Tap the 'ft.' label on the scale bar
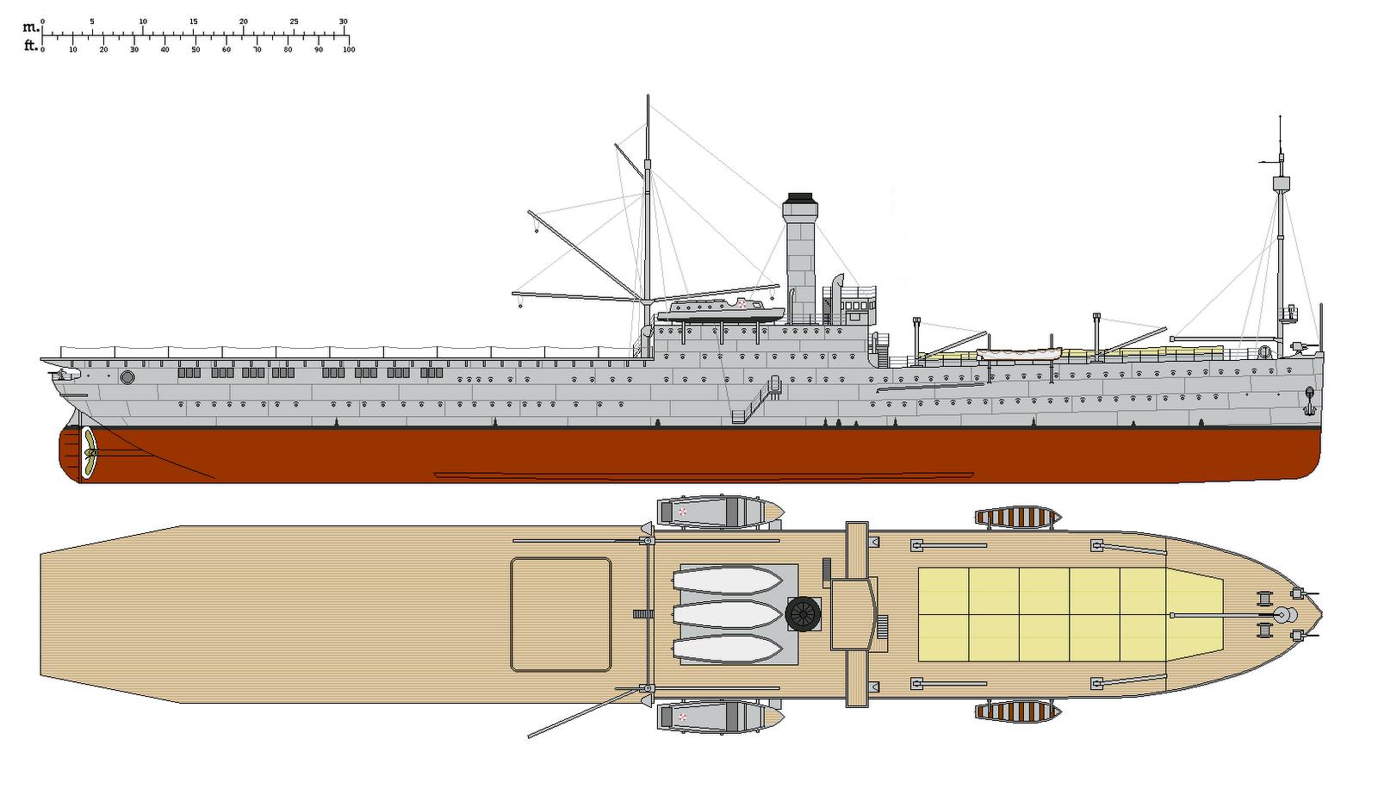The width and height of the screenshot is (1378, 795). (x=31, y=46)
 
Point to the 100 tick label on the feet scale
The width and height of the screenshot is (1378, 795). (x=348, y=50)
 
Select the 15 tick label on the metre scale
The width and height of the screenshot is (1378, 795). (x=193, y=22)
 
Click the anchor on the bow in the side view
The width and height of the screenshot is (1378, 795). (x=1309, y=397)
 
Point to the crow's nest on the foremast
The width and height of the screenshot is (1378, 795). (x=1281, y=183)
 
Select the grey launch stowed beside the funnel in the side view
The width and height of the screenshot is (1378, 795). (x=720, y=311)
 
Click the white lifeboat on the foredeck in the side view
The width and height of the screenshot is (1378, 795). (x=1020, y=354)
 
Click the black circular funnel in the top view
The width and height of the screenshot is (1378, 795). (x=803, y=614)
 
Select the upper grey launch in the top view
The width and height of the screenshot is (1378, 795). (x=719, y=512)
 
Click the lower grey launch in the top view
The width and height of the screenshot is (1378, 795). (x=719, y=717)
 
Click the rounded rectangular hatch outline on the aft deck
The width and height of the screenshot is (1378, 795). (x=561, y=613)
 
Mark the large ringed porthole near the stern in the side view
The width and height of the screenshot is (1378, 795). (x=127, y=377)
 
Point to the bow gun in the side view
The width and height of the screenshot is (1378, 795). (x=1299, y=346)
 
